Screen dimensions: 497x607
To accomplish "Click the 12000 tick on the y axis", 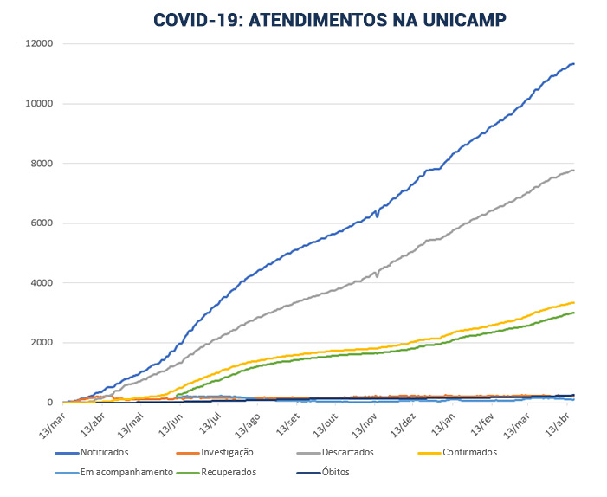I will tap(39, 44).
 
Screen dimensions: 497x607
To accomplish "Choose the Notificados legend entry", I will tap(104, 452).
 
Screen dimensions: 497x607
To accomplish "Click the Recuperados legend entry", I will tap(229, 473).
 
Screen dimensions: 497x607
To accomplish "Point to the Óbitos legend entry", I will tap(333, 473).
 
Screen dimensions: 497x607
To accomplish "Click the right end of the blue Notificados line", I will tap(574, 63).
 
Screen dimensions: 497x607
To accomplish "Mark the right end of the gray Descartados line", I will tap(574, 170).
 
